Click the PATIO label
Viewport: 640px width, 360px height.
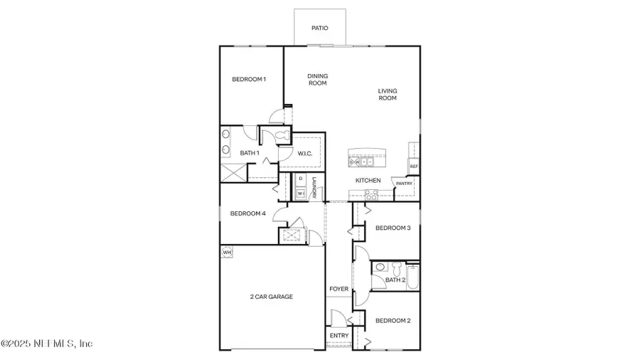click(x=320, y=28)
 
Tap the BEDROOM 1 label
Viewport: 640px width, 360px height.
click(x=249, y=79)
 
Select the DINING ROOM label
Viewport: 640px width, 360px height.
click(x=317, y=80)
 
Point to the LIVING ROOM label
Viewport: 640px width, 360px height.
click(x=388, y=95)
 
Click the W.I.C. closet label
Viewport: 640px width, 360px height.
click(x=306, y=153)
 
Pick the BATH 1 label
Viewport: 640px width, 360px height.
click(x=249, y=153)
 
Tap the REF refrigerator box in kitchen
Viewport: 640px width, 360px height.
click(x=413, y=166)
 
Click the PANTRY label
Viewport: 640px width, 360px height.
click(x=404, y=183)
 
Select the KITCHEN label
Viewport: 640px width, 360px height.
click(x=368, y=181)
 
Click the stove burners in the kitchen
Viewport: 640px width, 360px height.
click(x=371, y=194)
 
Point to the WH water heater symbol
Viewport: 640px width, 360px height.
click(x=227, y=252)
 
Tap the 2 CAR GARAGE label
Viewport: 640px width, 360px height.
click(x=271, y=297)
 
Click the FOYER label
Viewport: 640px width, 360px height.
click(x=338, y=289)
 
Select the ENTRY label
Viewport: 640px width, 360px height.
click(x=339, y=336)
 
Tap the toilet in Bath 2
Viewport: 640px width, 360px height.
click(x=381, y=268)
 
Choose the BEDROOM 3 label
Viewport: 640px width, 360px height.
click(x=393, y=228)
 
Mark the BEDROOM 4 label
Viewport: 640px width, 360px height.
click(x=247, y=213)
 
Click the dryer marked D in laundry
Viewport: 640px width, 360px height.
click(x=300, y=179)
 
